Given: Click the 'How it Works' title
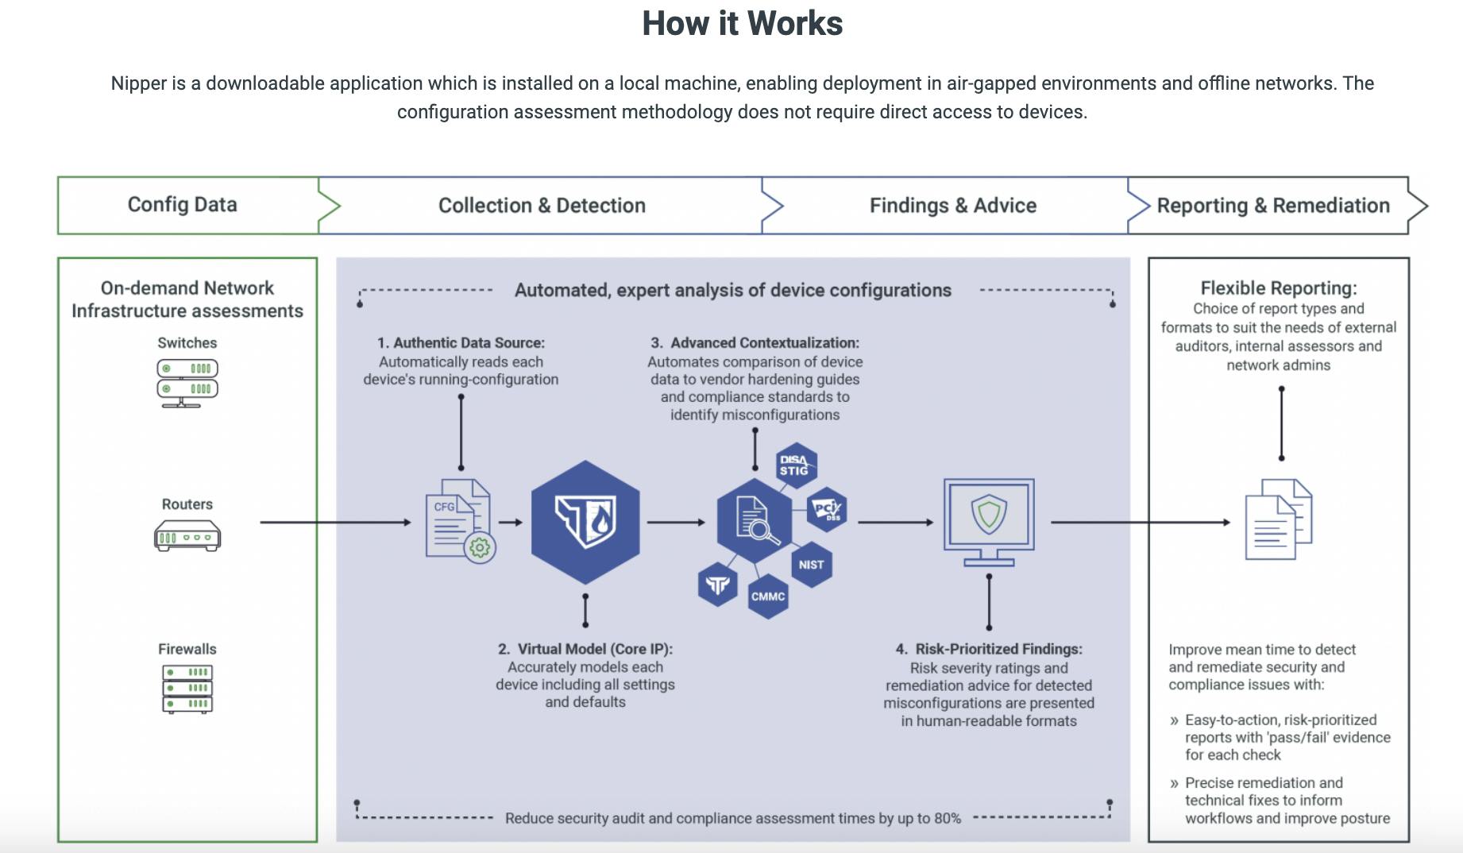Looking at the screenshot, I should [742, 24].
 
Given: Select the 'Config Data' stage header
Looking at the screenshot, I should [183, 205].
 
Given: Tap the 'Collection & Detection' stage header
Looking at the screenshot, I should [542, 206].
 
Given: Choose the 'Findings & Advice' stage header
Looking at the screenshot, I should [952, 206].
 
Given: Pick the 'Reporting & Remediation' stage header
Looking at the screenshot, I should [1272, 206].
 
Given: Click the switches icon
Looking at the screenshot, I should [187, 383].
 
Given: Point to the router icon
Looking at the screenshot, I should [187, 536].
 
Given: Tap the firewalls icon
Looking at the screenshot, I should [187, 689].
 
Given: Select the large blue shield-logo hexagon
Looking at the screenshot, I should [585, 522].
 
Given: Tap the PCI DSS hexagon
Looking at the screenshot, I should [827, 509].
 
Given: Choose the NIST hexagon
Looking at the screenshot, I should [811, 565].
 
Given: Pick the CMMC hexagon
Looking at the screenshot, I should [768, 596].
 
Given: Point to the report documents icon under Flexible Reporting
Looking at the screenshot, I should [1278, 519].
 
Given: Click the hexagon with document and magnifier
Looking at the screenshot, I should [754, 521].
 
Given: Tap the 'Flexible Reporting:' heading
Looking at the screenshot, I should [1278, 288].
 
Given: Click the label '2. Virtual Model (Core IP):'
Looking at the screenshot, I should [585, 649].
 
